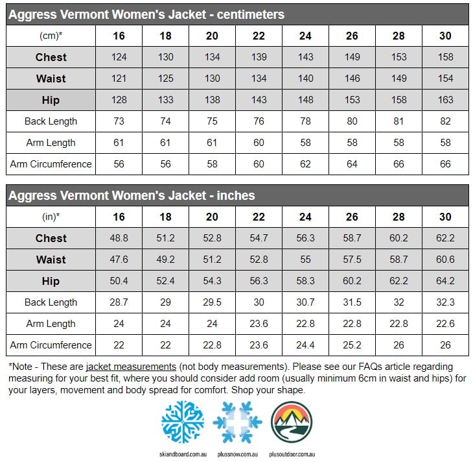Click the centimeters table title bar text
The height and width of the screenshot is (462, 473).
pyautogui.click(x=147, y=14)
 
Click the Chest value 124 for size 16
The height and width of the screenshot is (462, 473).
pyautogui.click(x=119, y=57)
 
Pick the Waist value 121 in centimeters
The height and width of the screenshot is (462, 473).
pyautogui.click(x=119, y=79)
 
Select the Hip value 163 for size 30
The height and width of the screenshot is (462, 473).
pyautogui.click(x=444, y=100)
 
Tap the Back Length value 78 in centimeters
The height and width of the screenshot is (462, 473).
pyautogui.click(x=305, y=121)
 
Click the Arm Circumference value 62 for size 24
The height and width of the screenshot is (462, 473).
pyautogui.click(x=305, y=164)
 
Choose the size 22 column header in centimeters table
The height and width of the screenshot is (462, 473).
pyautogui.click(x=259, y=36)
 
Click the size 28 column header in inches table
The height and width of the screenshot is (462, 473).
pyautogui.click(x=398, y=217)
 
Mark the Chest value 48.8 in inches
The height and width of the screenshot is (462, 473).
pyautogui.click(x=119, y=238)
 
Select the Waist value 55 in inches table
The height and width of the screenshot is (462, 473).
pyautogui.click(x=305, y=260)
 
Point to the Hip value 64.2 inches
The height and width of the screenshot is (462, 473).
pyautogui.click(x=444, y=281)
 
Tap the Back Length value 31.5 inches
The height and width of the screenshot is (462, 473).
pyautogui.click(x=352, y=302)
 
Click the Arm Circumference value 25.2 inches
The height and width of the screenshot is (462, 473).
pyautogui.click(x=352, y=345)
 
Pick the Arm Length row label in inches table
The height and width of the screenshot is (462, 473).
pyautogui.click(x=51, y=324)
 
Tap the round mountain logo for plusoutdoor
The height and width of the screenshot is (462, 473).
pyautogui.click(x=291, y=422)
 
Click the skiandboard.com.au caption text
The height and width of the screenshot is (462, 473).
pyautogui.click(x=183, y=454)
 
